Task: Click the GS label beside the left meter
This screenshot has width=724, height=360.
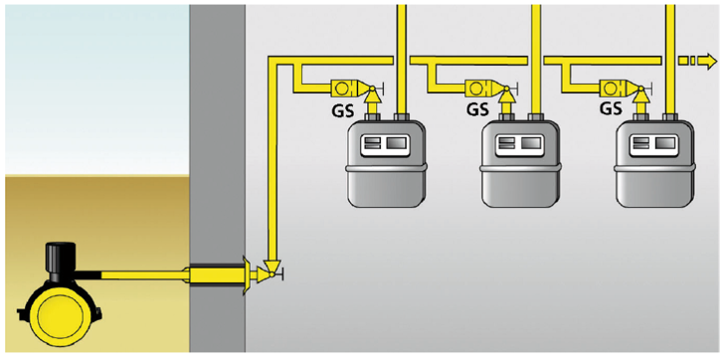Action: (343, 108)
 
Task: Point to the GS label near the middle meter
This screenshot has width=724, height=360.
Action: (476, 108)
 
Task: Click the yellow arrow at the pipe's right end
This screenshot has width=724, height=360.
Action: (703, 62)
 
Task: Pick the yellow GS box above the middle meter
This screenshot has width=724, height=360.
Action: (480, 87)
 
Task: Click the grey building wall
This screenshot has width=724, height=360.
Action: (217, 149)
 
